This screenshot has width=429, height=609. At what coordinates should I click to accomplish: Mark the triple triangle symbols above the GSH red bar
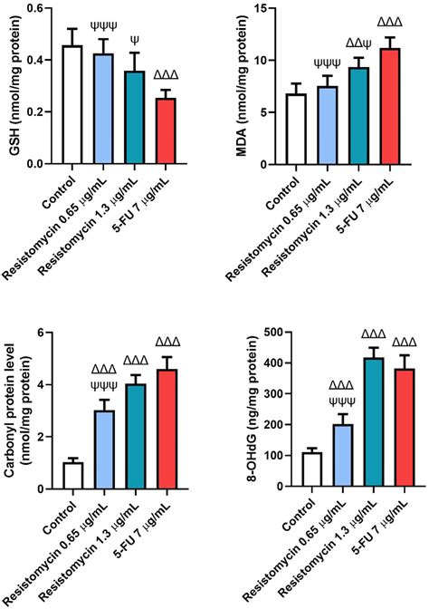click(x=167, y=75)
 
